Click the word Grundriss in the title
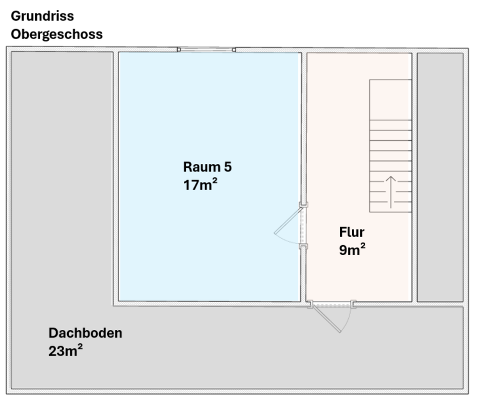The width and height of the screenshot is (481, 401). point(42,16)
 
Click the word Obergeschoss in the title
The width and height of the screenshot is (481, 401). point(57,34)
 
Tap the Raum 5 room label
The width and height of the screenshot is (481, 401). point(207,166)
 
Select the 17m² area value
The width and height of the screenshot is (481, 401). point(200,184)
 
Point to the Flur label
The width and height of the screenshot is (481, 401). point(352,232)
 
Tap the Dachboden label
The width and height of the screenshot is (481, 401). point(85,333)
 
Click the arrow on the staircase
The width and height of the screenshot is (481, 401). point(391,191)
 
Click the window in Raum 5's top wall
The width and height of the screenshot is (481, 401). point(206,50)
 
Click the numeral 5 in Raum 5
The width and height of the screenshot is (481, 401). point(227,166)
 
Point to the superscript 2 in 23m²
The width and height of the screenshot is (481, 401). point(80,347)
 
